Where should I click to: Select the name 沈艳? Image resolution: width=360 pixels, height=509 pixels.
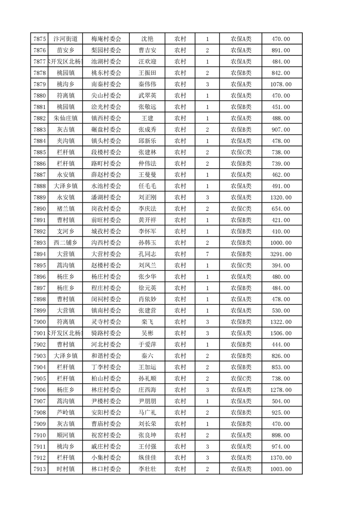point(147,39)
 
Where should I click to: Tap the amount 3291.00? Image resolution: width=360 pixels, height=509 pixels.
point(280,254)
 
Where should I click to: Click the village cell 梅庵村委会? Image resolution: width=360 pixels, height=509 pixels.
point(106,39)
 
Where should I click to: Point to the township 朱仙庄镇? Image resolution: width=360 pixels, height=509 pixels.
point(65,118)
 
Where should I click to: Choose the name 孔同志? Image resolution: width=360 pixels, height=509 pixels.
point(147,254)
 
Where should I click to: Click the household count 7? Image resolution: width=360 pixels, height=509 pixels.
point(207,254)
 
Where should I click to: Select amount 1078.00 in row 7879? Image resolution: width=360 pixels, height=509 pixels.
point(280,84)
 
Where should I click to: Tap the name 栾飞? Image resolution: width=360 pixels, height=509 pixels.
point(147,322)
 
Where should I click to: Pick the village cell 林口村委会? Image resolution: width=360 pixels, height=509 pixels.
point(106,469)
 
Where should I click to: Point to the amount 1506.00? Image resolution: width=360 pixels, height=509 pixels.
point(280,333)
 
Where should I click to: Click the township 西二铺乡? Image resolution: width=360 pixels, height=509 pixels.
point(65,243)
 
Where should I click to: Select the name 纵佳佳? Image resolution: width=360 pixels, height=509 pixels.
point(147,458)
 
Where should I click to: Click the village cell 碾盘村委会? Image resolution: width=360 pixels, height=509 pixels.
point(106,130)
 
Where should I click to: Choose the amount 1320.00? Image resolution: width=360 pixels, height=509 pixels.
point(280,197)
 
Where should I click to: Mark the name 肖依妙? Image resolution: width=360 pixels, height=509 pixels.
point(147,299)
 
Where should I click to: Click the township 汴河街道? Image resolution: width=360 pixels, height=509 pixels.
point(65,39)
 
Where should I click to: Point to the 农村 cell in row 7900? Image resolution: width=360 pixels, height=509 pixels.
point(180,322)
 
